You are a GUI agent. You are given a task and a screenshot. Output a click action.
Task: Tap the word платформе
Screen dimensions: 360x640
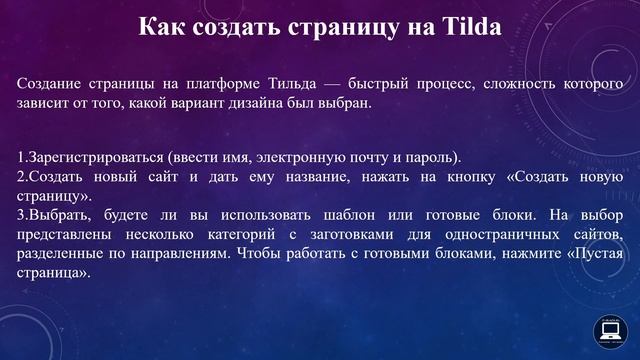pos(194,84)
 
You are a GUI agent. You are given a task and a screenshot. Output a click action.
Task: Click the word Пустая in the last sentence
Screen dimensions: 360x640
pos(594,253)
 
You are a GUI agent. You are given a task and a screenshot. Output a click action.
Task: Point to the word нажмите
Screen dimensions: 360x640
pos(520,253)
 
